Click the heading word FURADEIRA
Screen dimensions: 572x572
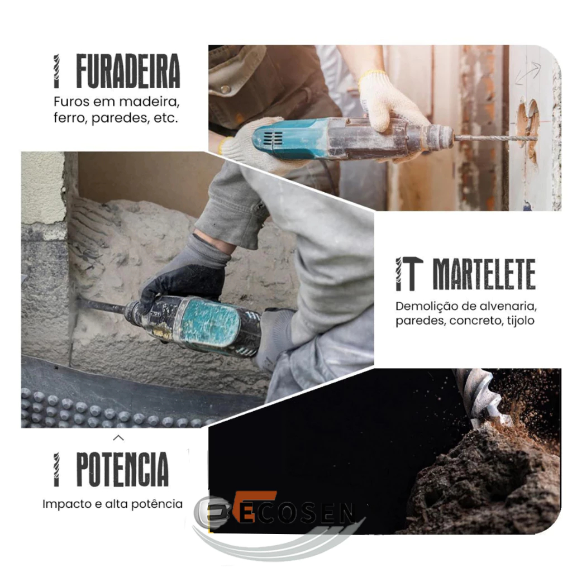[128, 71]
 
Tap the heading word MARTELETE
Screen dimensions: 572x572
[484, 274]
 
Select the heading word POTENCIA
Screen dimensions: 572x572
[122, 469]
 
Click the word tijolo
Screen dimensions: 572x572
[521, 321]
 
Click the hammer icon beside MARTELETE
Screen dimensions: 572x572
[413, 274]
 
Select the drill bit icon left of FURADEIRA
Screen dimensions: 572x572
[56, 71]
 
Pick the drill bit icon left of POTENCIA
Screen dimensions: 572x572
[56, 470]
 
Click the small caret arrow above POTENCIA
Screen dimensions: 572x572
[118, 438]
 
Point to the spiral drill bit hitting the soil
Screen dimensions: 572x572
[478, 397]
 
